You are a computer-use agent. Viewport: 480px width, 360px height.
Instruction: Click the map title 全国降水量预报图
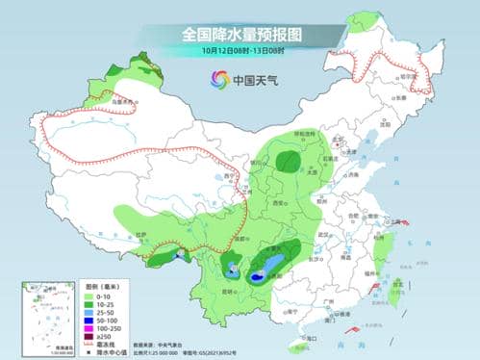coord(240,34)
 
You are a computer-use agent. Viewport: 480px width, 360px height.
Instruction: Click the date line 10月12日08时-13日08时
coord(240,51)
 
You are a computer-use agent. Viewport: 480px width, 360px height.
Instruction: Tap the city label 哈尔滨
coord(409,73)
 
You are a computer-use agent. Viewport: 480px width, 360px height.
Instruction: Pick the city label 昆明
coord(227,288)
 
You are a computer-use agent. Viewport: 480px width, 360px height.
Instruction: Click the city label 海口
coord(310,337)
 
